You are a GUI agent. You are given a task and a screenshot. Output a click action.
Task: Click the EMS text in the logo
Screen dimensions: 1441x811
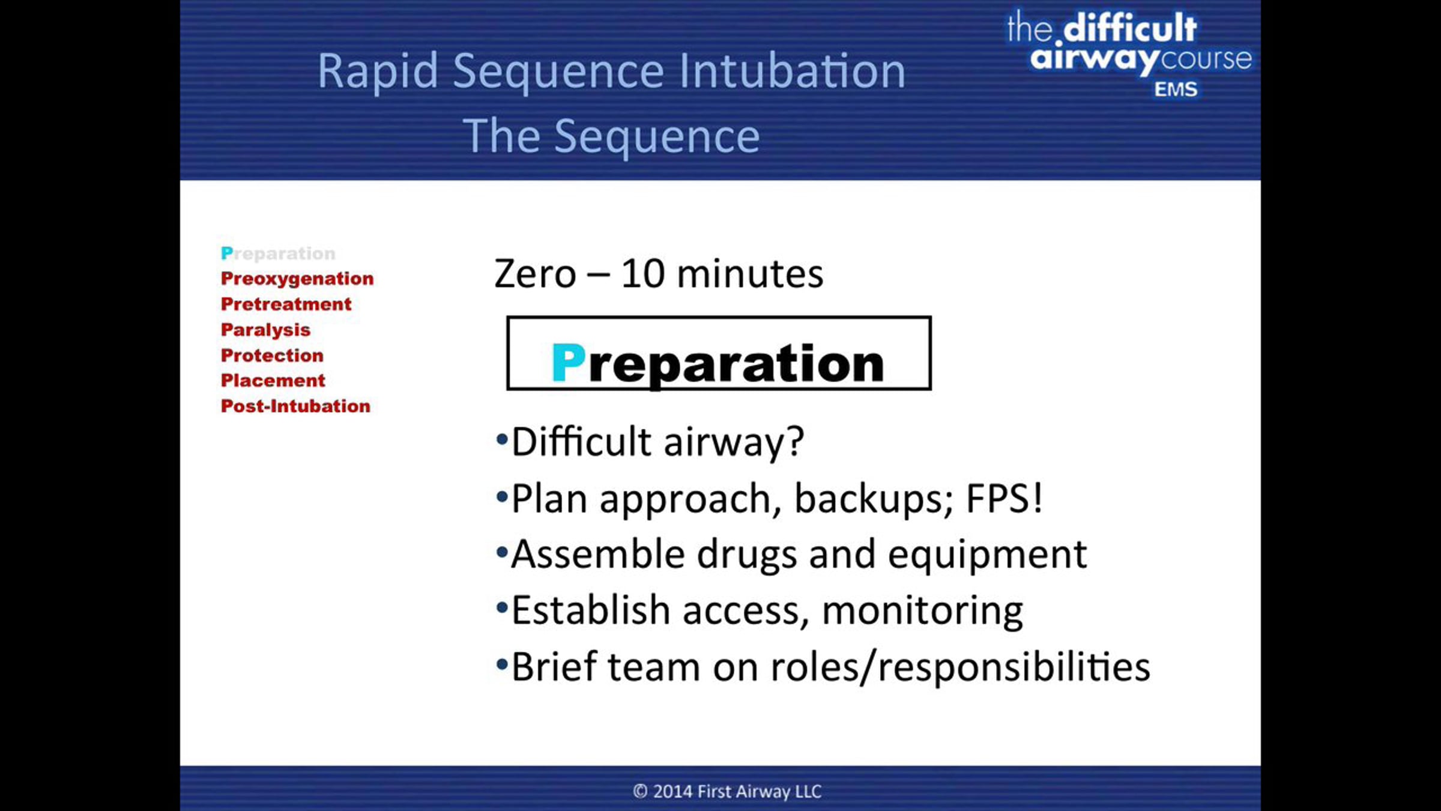[x=1176, y=90]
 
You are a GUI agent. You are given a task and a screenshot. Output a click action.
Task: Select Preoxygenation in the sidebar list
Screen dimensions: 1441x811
[x=297, y=279]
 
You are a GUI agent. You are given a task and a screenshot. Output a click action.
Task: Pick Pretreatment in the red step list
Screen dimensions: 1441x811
[x=286, y=304]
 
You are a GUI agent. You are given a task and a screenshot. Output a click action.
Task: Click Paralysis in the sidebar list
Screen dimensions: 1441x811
[x=265, y=330]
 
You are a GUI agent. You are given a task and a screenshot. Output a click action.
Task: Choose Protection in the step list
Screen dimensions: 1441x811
[x=272, y=355]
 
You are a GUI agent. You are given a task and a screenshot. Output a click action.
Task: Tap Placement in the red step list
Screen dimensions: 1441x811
[x=273, y=380]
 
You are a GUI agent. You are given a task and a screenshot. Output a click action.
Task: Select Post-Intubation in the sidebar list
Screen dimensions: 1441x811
[x=295, y=406]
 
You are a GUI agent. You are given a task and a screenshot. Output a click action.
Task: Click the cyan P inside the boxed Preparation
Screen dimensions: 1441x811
[x=568, y=362]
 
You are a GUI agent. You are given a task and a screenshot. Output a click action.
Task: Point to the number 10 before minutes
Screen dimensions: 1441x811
[x=642, y=275]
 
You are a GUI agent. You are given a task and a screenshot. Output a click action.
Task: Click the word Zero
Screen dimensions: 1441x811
[x=534, y=275]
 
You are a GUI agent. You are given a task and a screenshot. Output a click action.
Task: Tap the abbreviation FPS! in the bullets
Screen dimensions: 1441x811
[x=1004, y=498]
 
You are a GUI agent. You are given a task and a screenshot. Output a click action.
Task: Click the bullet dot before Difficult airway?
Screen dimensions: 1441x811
[x=502, y=439]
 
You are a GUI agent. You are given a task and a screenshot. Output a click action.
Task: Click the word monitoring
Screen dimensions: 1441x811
[x=922, y=612]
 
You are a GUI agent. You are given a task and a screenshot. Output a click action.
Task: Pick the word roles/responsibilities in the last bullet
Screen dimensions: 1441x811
[x=960, y=667]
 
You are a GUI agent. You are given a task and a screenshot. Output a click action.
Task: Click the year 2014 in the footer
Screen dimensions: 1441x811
[x=673, y=791]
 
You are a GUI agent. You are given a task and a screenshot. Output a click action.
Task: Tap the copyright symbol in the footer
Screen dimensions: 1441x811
[x=640, y=791]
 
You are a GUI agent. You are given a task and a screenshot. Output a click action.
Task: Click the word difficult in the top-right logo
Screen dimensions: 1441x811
[x=1130, y=28]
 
